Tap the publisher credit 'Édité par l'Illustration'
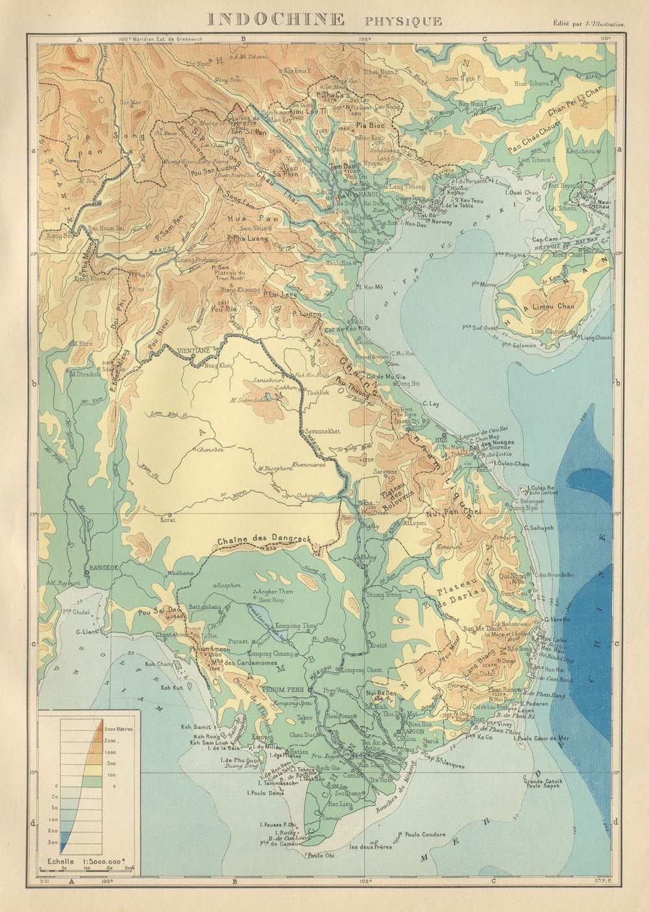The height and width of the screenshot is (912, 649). pos(589,24)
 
